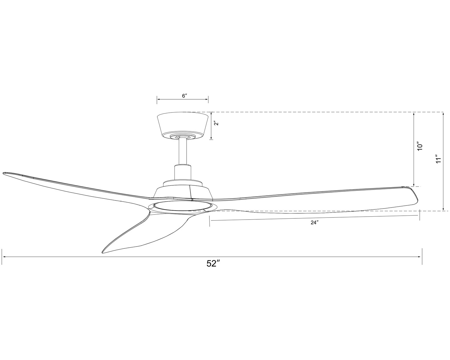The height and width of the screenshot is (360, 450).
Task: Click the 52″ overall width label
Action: [213, 264]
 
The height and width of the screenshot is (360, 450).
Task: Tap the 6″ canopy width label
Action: [184, 96]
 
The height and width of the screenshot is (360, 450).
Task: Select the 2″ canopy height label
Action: [217, 123]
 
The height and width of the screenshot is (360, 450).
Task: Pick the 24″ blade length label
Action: [314, 223]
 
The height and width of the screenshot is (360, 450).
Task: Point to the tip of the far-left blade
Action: [3, 173]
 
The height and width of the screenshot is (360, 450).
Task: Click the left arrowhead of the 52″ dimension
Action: [4, 257]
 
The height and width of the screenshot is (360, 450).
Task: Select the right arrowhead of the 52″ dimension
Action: [420, 257]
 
